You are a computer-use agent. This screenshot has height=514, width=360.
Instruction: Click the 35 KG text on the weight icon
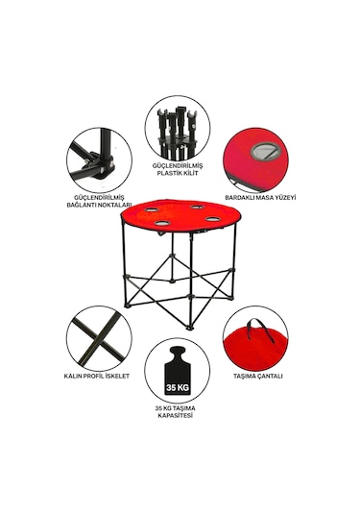(x=178, y=388)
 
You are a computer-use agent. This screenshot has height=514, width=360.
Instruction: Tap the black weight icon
(x=178, y=371)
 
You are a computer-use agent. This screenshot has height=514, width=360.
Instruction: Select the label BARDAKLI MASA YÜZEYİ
(x=260, y=198)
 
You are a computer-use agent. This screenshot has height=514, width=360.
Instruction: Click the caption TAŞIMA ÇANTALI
(x=258, y=376)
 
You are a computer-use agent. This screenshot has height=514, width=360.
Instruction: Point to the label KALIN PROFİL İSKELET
(x=97, y=376)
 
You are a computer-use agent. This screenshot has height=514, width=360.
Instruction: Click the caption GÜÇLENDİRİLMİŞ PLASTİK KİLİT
(x=178, y=169)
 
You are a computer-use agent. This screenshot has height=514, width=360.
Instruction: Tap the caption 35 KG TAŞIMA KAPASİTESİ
(x=176, y=412)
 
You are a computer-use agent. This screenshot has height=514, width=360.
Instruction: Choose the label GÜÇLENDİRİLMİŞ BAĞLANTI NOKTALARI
(x=99, y=201)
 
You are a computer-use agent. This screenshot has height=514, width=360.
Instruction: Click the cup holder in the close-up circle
(x=265, y=151)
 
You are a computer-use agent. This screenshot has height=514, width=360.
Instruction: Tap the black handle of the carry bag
(x=261, y=330)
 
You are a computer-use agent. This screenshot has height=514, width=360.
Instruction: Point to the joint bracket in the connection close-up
(x=103, y=164)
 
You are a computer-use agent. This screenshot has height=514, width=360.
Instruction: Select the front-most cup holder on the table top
(x=163, y=223)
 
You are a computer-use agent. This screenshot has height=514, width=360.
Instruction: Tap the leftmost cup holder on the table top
(x=151, y=209)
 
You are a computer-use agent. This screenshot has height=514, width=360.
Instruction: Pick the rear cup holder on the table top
(x=198, y=208)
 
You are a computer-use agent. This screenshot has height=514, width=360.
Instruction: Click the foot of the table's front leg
(x=189, y=327)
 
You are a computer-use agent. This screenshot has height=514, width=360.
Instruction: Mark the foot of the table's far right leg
(x=232, y=297)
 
